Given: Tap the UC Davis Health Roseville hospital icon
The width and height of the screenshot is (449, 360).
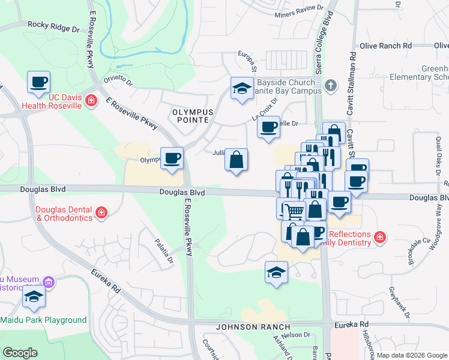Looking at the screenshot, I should point(91,100).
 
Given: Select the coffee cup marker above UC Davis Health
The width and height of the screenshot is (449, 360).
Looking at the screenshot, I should point(38,82).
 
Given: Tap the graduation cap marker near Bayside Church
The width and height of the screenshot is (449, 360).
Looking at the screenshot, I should point(242,88).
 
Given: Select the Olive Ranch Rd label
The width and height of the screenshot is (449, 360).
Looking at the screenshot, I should point(385,46).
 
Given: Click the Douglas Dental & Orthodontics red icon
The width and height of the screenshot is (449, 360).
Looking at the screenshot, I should point(101,212).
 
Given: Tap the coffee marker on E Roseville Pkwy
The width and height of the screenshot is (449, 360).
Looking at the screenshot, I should point(172,158).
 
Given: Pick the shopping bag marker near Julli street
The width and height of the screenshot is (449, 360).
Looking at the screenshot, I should point(237,160).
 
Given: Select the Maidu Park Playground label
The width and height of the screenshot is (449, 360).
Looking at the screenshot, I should point(43,320).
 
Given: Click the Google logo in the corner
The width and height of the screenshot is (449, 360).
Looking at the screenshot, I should point(20,352).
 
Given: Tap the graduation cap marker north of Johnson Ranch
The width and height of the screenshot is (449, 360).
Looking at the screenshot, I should point(277,273).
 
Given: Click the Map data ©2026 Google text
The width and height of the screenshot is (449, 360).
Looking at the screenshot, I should point(411,355).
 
